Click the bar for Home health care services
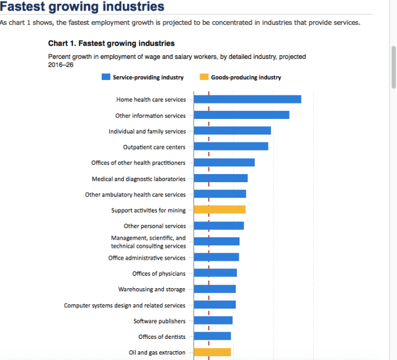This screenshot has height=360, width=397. point(248,99)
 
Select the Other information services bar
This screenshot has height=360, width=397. point(241,115)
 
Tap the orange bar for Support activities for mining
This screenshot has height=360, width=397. point(220,209)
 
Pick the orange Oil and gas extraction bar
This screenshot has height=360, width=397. point(212,352)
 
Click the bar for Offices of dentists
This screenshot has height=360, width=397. point(212,336)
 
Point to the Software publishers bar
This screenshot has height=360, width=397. point(213,320)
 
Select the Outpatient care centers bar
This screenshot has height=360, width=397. point(231,146)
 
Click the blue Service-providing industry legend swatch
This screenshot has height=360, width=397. point(105,77)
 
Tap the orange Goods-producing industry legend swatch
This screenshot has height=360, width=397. point(204,77)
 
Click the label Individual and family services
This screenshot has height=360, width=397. point(147,131)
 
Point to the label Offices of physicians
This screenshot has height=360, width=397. point(159,273)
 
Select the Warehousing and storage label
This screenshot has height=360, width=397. point(152,289)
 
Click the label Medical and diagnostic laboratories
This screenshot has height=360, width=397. point(138,178)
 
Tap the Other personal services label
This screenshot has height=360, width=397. point(154,226)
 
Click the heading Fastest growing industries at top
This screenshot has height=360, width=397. point(82,7)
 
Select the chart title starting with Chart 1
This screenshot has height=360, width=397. point(111,44)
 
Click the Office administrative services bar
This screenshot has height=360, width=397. point(216,257)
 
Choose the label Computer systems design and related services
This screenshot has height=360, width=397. point(125,305)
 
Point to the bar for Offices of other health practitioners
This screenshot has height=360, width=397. point(224,162)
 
